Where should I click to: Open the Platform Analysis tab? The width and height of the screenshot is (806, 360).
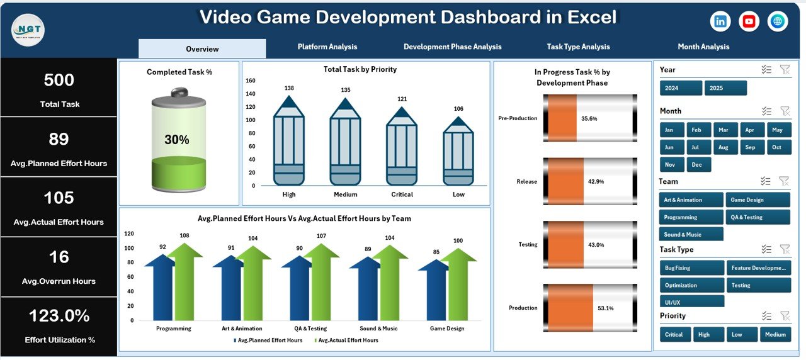click(x=327, y=47)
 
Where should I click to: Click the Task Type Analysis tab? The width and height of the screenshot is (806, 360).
click(x=578, y=47)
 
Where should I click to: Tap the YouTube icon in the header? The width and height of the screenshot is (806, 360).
click(x=749, y=21)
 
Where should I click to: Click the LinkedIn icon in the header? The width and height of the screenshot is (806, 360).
click(x=720, y=21)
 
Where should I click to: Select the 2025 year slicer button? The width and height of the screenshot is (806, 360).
click(x=725, y=88)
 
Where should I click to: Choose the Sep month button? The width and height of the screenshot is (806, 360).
click(x=750, y=147)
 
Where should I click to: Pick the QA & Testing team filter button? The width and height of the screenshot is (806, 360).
click(x=758, y=217)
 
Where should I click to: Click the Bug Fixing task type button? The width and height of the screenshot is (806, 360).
click(x=691, y=268)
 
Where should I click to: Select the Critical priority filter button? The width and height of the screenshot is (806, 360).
click(x=675, y=334)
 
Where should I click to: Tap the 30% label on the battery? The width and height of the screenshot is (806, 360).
click(x=177, y=140)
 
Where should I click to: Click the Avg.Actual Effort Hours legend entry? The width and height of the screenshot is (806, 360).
click(x=348, y=340)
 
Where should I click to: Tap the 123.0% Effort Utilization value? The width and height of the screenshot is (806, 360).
click(x=59, y=316)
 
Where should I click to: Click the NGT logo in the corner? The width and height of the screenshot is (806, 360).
click(x=28, y=29)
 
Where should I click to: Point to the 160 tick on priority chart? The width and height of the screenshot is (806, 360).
click(x=250, y=81)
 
